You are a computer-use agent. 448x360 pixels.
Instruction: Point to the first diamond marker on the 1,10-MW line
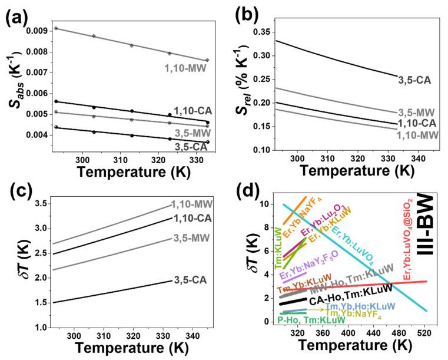point(56,28)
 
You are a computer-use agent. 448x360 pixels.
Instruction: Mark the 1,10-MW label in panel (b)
point(417,135)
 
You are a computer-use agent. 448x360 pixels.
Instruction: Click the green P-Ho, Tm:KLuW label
point(312,320)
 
